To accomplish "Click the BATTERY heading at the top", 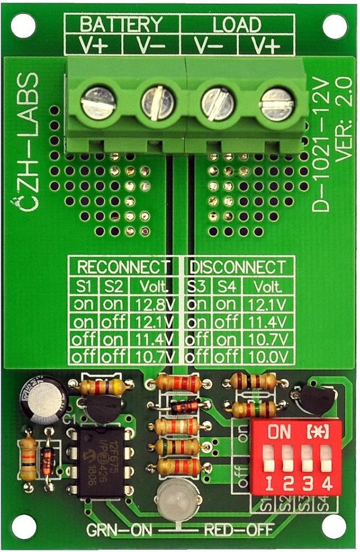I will coord(122,24).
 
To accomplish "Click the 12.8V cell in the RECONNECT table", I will coord(153,304).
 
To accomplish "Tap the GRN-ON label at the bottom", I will coord(117,532).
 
